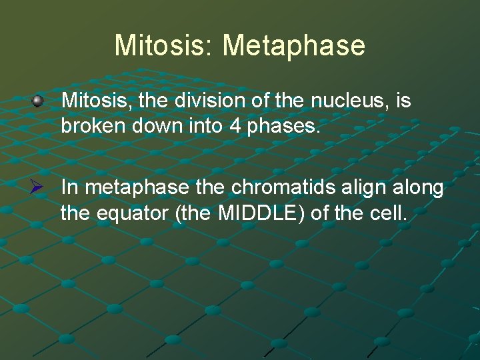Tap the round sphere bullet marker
tap(38, 101)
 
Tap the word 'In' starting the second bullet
tap(69, 189)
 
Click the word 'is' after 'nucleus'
tap(403, 101)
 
